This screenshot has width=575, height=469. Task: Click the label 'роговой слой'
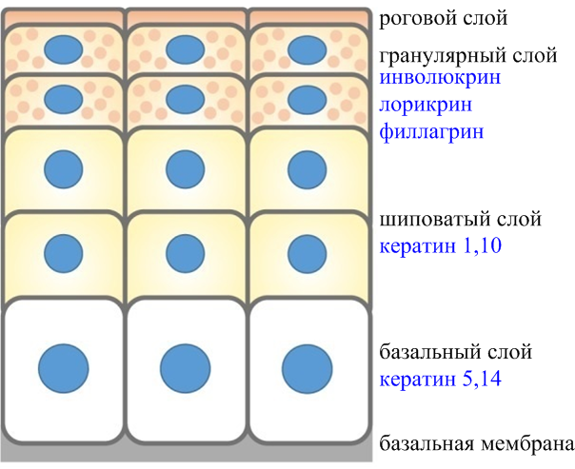tap(443, 18)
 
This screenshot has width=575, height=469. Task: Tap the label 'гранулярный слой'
tap(468, 56)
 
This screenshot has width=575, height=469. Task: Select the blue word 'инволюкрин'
tap(440, 78)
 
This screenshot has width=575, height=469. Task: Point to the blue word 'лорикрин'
tap(426, 106)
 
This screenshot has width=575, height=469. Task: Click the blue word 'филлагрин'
tap(431, 132)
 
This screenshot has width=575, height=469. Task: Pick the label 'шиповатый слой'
tap(460, 220)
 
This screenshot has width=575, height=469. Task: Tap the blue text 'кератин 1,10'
tap(440, 245)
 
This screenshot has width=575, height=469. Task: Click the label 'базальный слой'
tap(455, 353)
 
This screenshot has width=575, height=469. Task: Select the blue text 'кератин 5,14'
tap(440, 379)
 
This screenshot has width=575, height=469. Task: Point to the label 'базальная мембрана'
tap(476, 443)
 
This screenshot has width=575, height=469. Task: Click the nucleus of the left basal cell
tap(64, 368)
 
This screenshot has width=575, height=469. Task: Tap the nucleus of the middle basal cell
tap(186, 368)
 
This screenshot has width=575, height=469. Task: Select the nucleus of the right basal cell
tap(307, 368)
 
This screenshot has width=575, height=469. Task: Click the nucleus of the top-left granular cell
tap(64, 49)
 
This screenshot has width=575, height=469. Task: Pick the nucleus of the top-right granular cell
tap(307, 49)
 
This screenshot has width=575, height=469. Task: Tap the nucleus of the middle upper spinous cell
tap(186, 169)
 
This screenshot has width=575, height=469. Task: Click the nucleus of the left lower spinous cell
tap(64, 254)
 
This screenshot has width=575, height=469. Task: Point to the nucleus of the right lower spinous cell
tap(307, 254)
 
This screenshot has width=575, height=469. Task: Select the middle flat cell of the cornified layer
tap(186, 17)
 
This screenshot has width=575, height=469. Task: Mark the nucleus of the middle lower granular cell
tap(186, 99)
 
